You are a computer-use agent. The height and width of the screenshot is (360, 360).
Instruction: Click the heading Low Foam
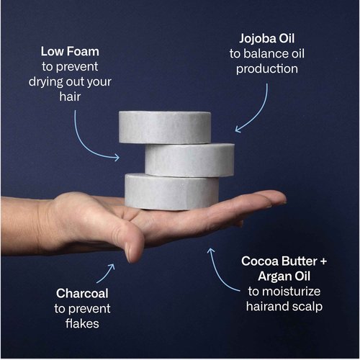(70, 51)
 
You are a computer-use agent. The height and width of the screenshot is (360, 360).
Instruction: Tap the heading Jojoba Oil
(266, 39)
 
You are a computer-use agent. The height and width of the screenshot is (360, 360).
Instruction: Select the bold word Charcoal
(82, 294)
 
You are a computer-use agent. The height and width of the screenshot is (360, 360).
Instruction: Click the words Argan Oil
(284, 276)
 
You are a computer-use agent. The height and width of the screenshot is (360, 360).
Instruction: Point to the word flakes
(82, 323)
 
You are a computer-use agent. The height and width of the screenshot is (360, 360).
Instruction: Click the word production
(267, 69)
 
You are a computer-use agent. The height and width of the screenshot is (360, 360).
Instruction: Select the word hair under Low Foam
(70, 96)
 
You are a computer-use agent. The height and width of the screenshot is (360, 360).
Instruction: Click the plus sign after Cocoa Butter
(323, 261)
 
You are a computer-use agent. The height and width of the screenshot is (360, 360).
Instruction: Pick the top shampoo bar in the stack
(165, 127)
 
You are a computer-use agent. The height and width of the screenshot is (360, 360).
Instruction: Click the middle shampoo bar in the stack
(189, 160)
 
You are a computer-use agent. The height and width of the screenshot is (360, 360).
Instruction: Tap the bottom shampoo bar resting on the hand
(171, 192)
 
